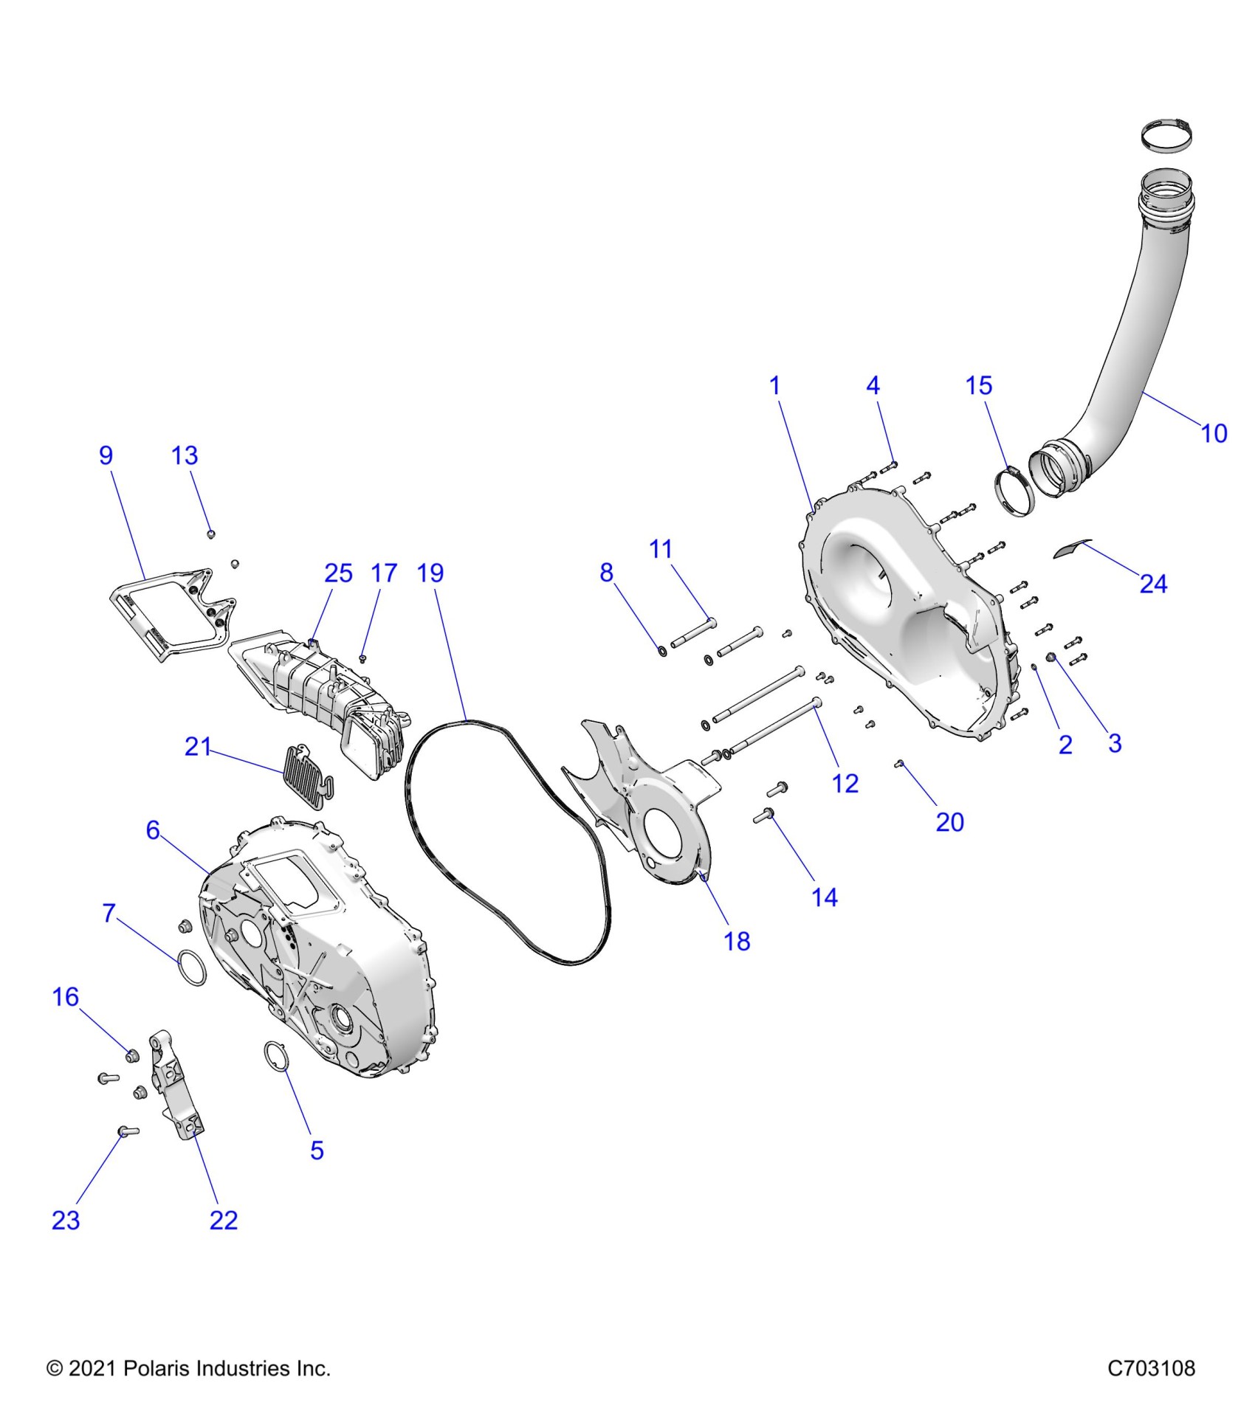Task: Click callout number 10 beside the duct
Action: [1214, 433]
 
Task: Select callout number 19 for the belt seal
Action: [430, 573]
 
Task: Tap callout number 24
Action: [1153, 584]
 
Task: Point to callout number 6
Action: [153, 830]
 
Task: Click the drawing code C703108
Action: [1151, 1368]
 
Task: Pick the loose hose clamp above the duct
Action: [1167, 137]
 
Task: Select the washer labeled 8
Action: [662, 651]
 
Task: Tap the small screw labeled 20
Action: [901, 764]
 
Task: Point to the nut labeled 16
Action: [132, 1055]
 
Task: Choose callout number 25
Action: [339, 573]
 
